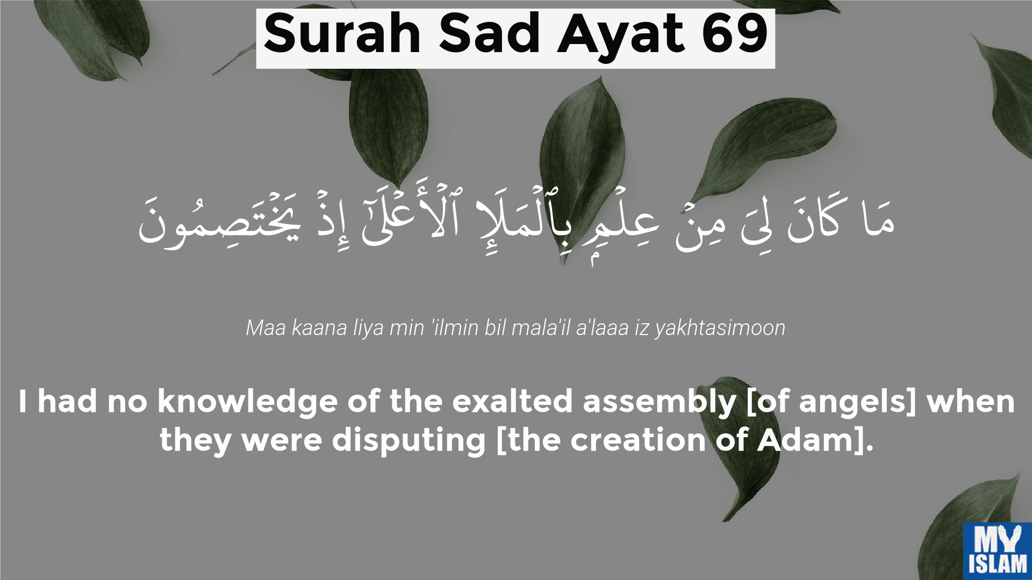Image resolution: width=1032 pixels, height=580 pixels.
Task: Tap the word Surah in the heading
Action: (342, 34)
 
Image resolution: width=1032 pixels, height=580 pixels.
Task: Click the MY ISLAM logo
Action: (998, 551)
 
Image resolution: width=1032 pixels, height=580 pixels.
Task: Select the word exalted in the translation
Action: (512, 401)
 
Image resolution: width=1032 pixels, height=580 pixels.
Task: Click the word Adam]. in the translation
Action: (815, 441)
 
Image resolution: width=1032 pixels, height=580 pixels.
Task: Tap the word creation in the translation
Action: (638, 440)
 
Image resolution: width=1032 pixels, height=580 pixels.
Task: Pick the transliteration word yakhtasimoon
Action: (720, 328)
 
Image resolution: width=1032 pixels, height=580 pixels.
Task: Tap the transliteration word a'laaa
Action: (602, 328)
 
